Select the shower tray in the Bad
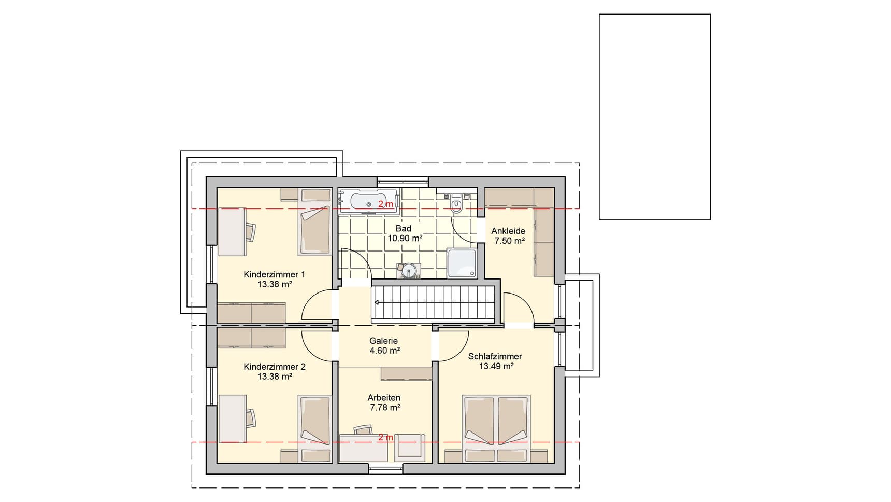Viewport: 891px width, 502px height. tap(462, 263)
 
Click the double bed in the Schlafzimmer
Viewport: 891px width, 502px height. tap(497, 422)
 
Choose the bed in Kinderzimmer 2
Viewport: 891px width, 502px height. tap(314, 422)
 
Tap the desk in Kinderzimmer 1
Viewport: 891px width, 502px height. tap(232, 232)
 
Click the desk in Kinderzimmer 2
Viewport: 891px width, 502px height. tap(232, 419)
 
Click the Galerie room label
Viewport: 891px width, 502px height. tap(384, 341)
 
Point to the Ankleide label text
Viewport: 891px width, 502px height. tap(508, 231)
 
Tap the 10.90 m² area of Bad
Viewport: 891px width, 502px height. tap(405, 239)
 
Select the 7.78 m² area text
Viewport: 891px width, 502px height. tap(384, 408)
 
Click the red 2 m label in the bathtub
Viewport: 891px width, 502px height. tap(385, 204)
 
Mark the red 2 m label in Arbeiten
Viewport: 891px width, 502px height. tap(385, 437)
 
